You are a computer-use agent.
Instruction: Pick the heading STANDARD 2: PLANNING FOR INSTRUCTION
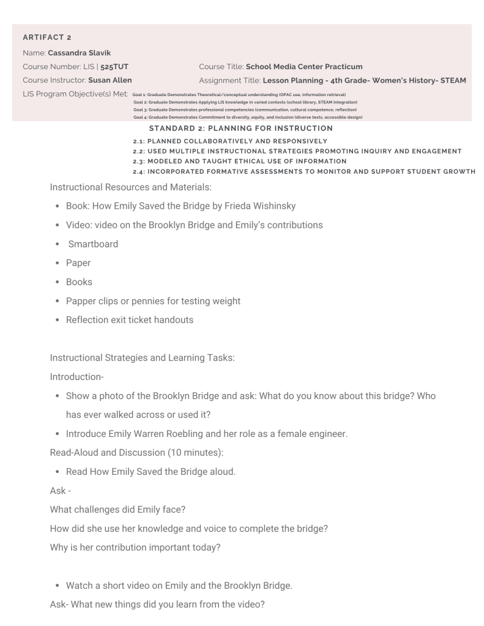coord(240,129)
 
